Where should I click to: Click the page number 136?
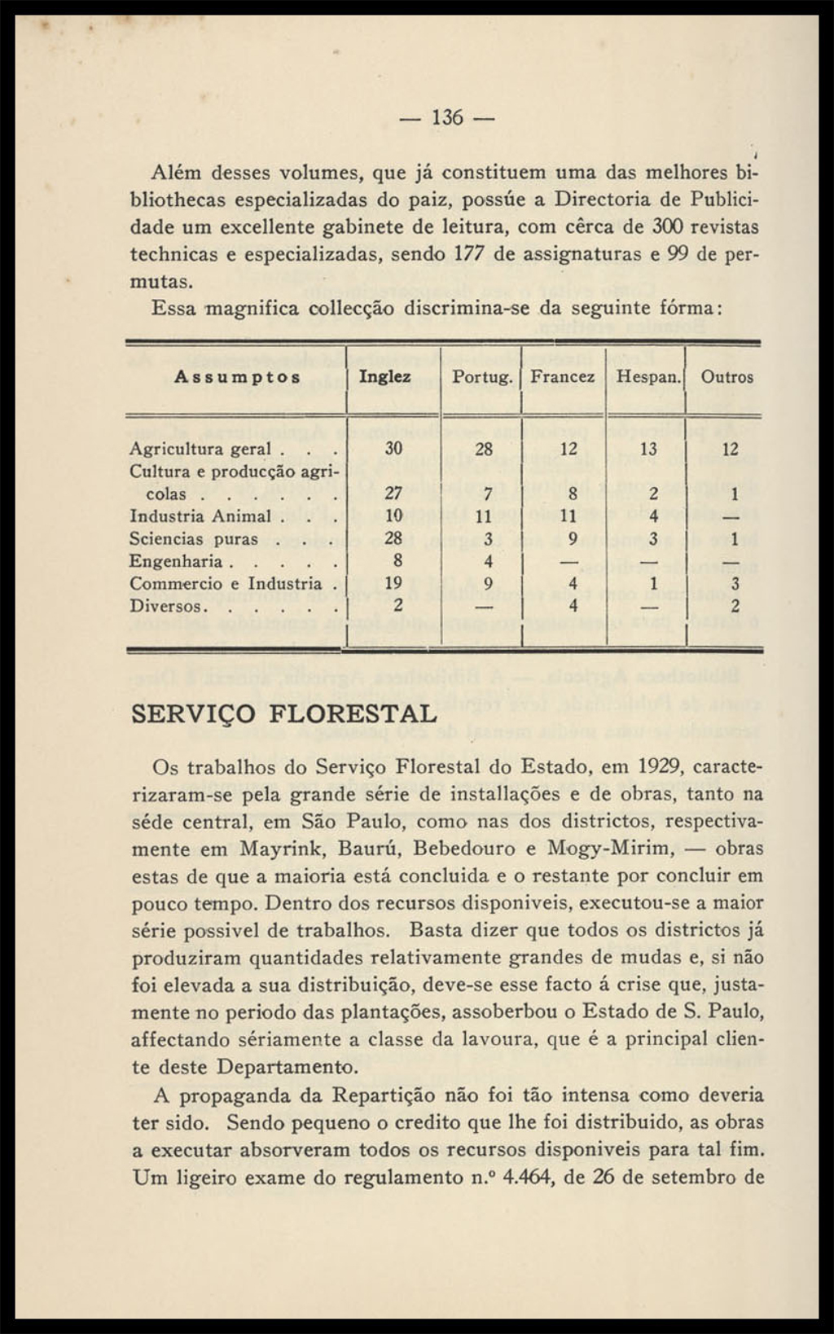click(447, 118)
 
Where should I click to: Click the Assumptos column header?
click(237, 377)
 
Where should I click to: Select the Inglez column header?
click(385, 377)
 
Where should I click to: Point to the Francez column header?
click(563, 377)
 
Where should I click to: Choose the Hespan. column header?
click(648, 377)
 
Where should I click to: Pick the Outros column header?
click(727, 377)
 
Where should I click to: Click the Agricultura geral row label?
click(200, 450)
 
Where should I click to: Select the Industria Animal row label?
click(200, 516)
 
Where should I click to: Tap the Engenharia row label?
click(176, 561)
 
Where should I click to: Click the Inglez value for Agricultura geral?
click(394, 449)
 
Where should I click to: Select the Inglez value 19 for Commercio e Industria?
click(394, 583)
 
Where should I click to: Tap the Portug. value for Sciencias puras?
click(487, 538)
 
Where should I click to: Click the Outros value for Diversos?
click(735, 606)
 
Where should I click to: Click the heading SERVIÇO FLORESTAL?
click(284, 713)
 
